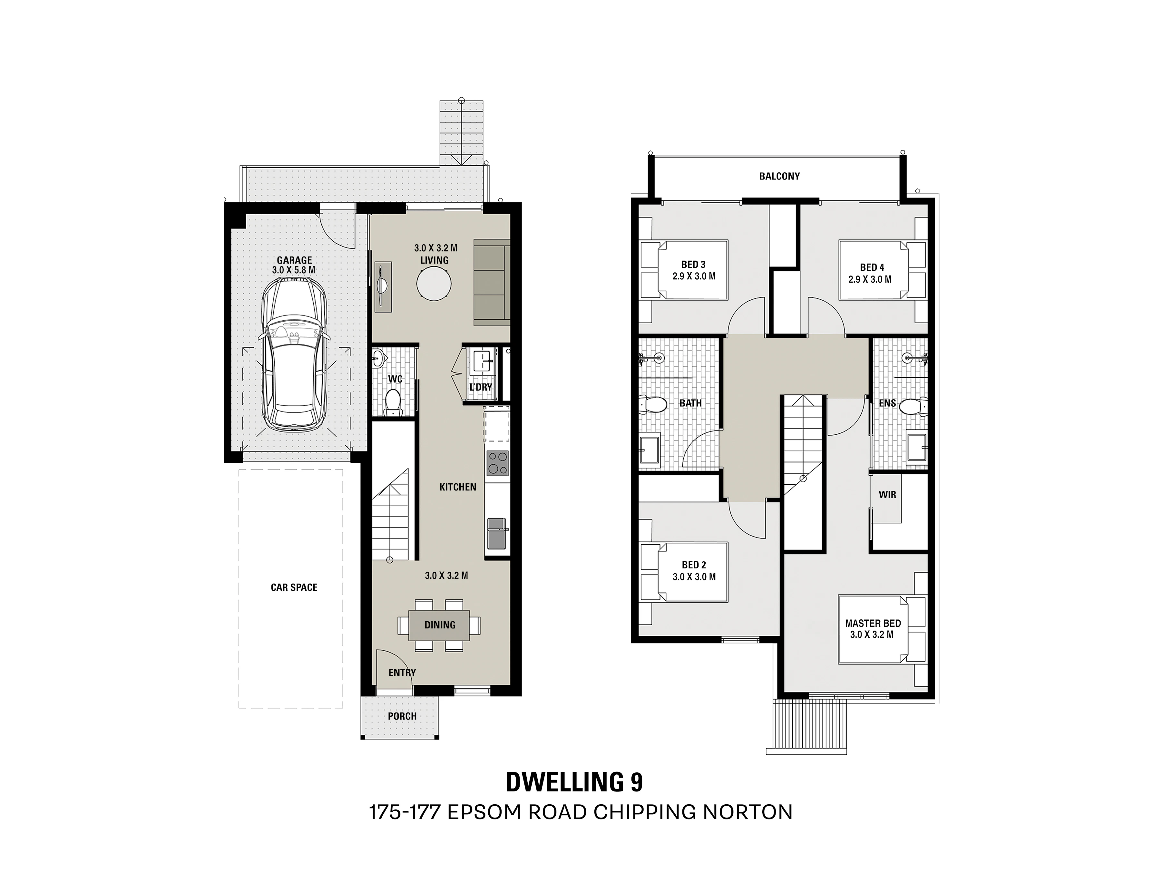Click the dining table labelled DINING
coord(440,625)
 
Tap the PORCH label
coord(402,716)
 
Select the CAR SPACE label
coord(294,587)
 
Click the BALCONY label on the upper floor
coord(779,176)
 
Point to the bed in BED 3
coord(683,270)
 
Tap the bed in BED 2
coord(683,572)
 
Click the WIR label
coord(887,495)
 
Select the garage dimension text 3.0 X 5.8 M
coord(294,270)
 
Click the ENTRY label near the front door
coord(402,672)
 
